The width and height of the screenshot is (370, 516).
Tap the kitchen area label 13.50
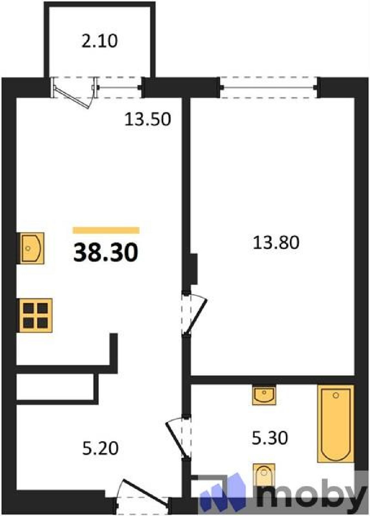148,119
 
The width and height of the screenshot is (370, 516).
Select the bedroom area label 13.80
276,243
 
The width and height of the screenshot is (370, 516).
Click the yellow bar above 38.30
106,230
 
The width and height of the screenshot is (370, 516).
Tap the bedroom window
269,87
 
